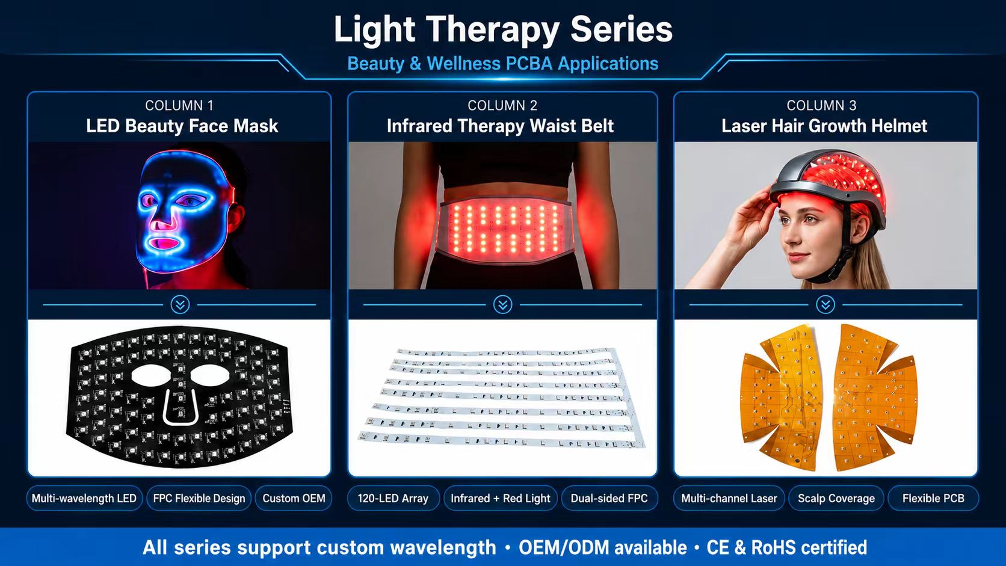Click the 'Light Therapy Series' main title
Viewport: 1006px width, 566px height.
click(x=503, y=29)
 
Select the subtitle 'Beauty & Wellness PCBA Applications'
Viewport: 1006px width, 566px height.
click(x=503, y=64)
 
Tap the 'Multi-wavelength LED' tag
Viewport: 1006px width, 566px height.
click(x=84, y=498)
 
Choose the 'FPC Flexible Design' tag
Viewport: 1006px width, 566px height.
click(x=199, y=498)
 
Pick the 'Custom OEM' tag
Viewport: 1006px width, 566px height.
click(x=294, y=498)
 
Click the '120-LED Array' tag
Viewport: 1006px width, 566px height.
click(x=393, y=498)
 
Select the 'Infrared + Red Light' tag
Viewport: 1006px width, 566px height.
click(x=501, y=498)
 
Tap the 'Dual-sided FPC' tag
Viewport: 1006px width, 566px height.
click(x=609, y=498)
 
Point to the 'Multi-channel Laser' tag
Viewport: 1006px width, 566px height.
click(x=729, y=498)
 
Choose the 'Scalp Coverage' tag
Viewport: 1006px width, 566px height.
click(x=836, y=498)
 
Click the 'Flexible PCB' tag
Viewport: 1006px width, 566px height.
click(x=933, y=498)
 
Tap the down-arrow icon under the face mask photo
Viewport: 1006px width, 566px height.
click(x=180, y=305)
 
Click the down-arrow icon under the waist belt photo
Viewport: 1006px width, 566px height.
click(x=502, y=305)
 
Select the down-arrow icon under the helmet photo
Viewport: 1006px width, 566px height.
click(x=825, y=305)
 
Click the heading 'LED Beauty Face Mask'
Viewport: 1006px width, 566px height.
click(x=182, y=126)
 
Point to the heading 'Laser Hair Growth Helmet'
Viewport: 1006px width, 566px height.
click(x=824, y=126)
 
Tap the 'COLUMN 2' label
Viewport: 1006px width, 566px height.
click(x=502, y=105)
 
